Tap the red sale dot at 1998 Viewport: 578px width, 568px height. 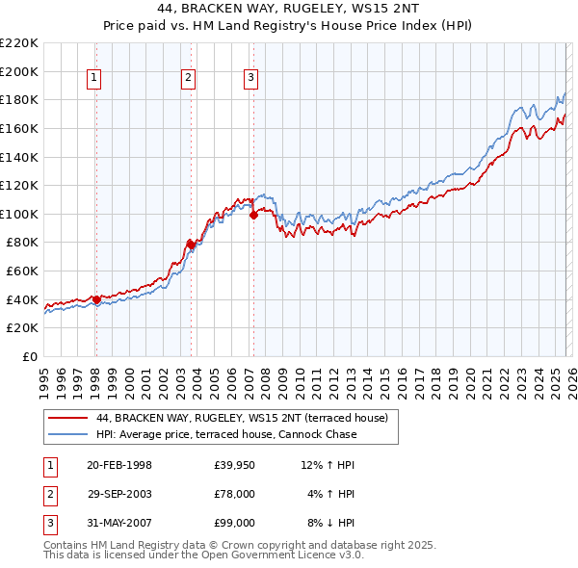tap(96, 299)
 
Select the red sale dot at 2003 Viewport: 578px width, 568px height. tap(192, 245)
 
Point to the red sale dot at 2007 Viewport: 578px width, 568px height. tap(253, 215)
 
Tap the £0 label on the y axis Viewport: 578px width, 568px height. tap(29, 356)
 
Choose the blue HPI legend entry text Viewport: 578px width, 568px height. tap(226, 434)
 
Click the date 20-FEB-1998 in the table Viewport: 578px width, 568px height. tap(119, 466)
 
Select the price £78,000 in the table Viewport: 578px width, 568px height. tap(234, 494)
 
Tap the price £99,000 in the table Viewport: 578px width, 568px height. tap(234, 523)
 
